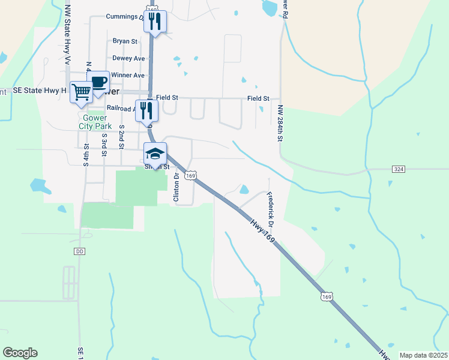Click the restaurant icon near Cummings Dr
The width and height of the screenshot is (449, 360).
coord(154,22)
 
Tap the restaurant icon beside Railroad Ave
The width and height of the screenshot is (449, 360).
coord(146,110)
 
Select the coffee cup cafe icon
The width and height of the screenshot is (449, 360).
coord(98,82)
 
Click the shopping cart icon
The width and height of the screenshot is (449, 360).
coord(81,92)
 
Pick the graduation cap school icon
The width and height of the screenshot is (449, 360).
coord(154,154)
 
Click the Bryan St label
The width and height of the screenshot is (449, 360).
coord(125,41)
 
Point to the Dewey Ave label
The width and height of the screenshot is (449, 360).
coord(128,58)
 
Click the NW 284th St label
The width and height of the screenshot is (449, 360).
coord(280,123)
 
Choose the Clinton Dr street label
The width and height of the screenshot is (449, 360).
coord(176,187)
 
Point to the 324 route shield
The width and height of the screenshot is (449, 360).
coord(399,169)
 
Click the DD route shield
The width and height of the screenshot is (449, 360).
coord(80,251)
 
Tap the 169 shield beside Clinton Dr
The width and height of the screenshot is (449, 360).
coord(190,175)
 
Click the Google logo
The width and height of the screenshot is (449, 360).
coord(20,353)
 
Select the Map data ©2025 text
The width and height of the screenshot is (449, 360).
coord(423,355)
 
